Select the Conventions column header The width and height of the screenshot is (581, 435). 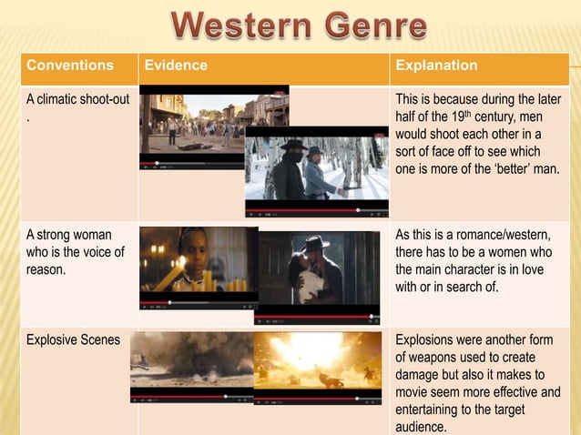click(70, 66)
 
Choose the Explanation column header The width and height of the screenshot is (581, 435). click(436, 66)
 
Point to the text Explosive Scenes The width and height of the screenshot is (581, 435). click(72, 340)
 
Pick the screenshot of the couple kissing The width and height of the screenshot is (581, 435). click(318, 273)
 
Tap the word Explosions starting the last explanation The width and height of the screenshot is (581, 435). click(427, 340)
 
